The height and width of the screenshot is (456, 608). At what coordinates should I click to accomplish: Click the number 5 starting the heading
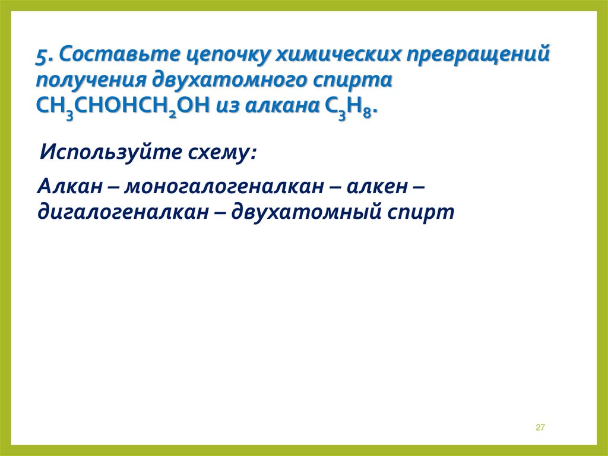[x=42, y=58]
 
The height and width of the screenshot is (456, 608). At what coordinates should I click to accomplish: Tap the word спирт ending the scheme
[x=422, y=213]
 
